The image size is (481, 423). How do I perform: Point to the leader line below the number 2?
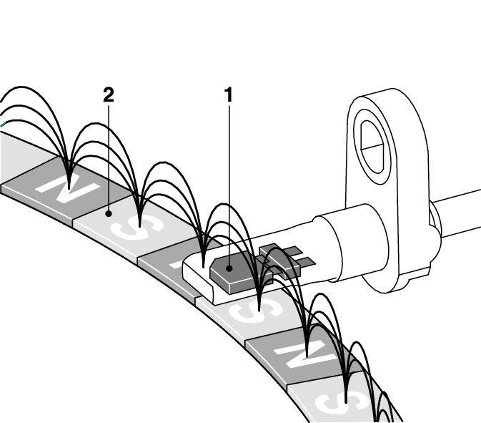click(108, 157)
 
